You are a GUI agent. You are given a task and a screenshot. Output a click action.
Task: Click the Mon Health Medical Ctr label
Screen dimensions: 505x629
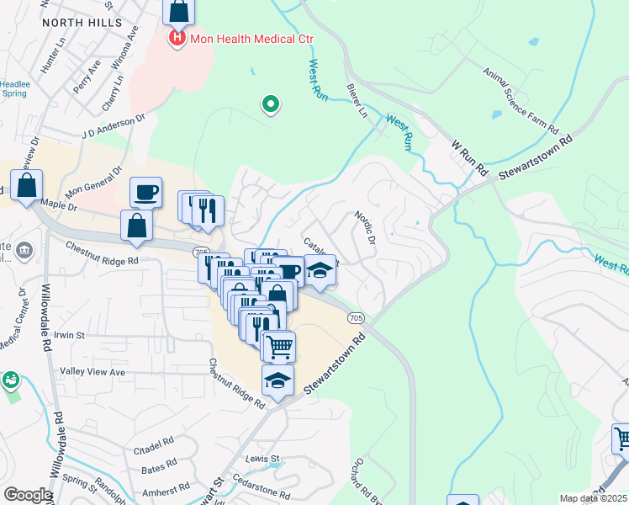click(x=240, y=38)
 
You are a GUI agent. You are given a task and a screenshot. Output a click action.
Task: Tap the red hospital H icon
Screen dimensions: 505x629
click(x=177, y=38)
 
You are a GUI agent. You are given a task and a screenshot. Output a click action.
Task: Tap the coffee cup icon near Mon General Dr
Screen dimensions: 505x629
click(x=145, y=191)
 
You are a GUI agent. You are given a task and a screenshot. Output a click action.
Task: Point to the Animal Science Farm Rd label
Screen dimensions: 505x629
click(x=520, y=100)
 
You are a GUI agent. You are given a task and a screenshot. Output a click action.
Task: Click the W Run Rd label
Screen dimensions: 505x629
click(x=469, y=157)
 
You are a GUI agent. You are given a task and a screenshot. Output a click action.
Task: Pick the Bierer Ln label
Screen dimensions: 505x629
click(x=357, y=99)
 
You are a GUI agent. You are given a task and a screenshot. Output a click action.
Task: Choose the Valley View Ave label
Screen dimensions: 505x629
click(x=92, y=372)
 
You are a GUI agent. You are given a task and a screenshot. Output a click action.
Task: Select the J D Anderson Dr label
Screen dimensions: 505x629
click(x=108, y=129)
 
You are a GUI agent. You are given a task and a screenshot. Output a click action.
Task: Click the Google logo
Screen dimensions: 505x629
click(x=27, y=495)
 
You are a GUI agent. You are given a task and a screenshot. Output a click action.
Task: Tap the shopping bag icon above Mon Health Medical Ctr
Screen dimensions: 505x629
click(x=178, y=12)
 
